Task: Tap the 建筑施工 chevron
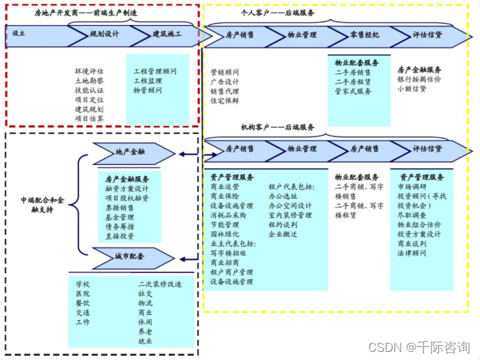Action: point(166,34)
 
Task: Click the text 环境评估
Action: point(89,71)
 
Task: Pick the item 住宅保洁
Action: point(224,101)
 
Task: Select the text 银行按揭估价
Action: point(419,79)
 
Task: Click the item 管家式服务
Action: point(353,92)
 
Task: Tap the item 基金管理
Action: point(119,217)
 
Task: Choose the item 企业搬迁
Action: point(283,234)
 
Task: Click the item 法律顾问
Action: point(411,253)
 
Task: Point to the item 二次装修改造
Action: point(160,284)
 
